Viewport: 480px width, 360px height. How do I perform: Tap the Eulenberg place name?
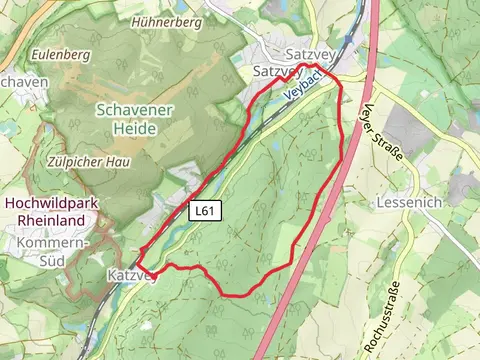[x=61, y=52]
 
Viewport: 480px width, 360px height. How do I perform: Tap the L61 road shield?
[x=205, y=211]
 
